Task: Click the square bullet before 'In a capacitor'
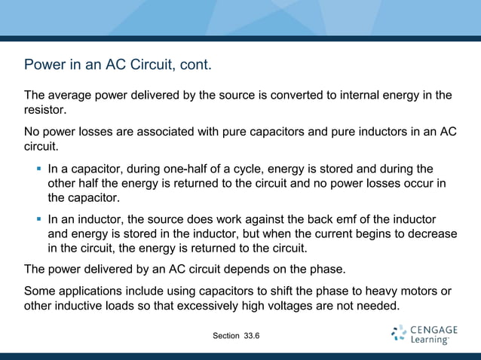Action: click(38, 169)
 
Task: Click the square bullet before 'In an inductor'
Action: click(38, 220)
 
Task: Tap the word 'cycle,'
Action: click(246, 169)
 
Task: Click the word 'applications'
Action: click(91, 291)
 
